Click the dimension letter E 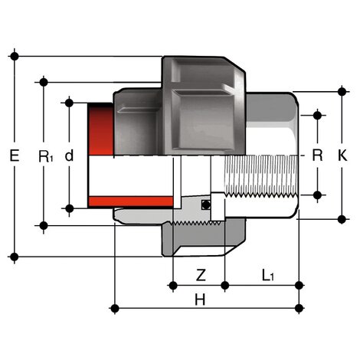15,155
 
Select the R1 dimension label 45,156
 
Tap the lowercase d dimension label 70,155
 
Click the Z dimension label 200,273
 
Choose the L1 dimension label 267,273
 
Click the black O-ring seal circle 205,205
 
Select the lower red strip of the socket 131,201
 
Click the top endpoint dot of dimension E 15,56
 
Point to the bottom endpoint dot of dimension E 15,256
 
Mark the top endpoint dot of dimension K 342,91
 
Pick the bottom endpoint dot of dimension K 342,219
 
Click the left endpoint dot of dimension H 114,308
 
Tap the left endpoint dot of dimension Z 174,286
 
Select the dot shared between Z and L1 224,286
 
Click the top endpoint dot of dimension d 70,102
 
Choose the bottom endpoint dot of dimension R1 44,225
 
